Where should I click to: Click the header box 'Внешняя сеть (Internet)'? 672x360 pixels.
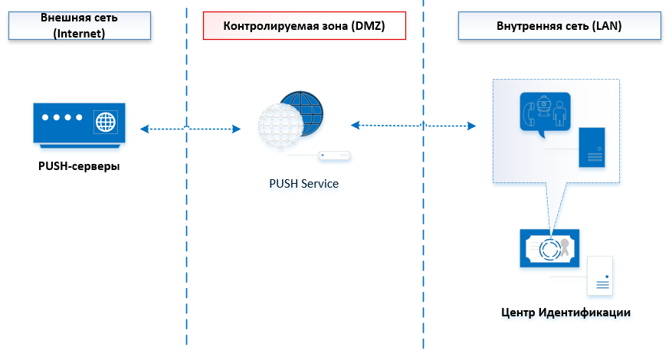[80, 26]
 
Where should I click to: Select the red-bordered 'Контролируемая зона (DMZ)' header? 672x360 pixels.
[304, 26]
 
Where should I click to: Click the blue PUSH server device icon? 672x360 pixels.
[79, 122]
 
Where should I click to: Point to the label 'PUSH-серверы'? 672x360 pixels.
[79, 165]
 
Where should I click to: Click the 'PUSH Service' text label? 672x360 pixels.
[303, 184]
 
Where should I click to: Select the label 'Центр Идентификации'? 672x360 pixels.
[565, 312]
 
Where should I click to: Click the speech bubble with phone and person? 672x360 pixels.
[544, 113]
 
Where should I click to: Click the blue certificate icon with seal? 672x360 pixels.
[549, 247]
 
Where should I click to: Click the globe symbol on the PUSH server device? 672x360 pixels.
[105, 122]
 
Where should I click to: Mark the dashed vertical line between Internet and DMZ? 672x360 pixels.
[186, 230]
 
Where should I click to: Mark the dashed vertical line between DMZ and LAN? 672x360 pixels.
[422, 230]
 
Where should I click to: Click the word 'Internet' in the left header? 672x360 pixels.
[80, 34]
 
